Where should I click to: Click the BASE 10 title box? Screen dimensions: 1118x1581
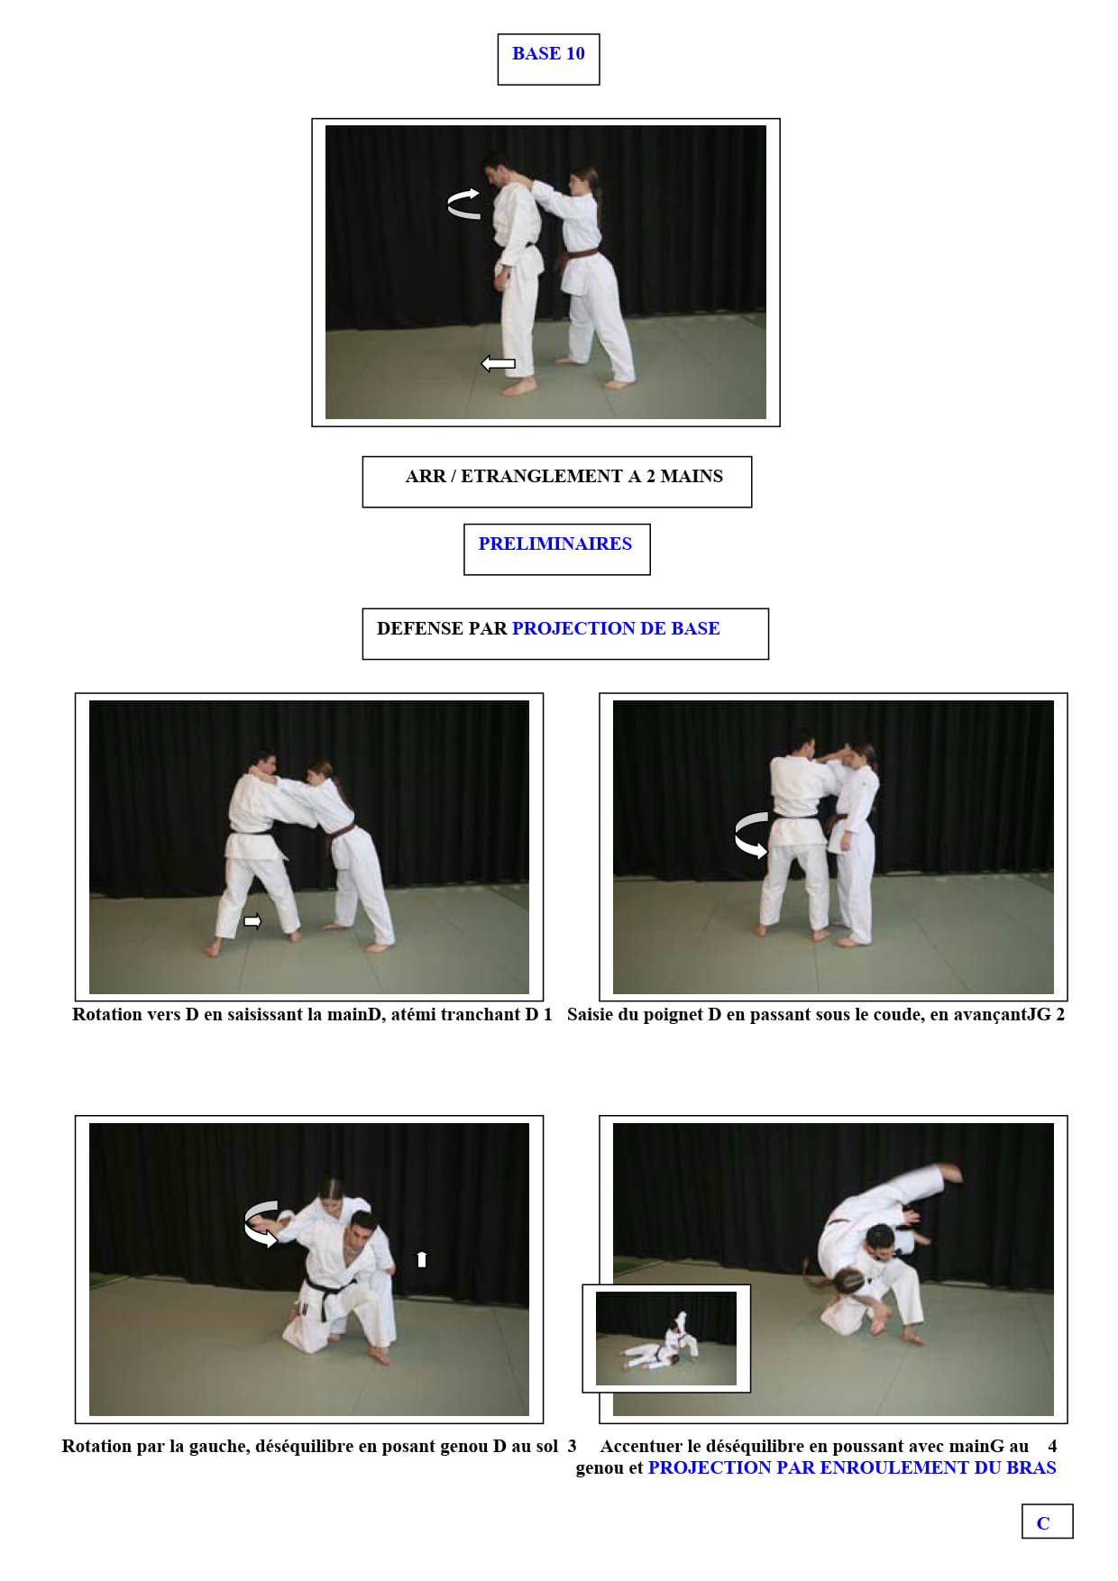pos(548,59)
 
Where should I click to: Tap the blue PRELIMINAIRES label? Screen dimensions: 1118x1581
pos(554,544)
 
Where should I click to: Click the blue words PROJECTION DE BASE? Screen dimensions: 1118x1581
pos(616,628)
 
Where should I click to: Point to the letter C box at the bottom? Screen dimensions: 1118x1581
pos(1047,1522)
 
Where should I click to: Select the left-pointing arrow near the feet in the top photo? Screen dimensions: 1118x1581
pos(498,363)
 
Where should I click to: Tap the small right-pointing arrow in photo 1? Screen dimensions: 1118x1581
pos(252,921)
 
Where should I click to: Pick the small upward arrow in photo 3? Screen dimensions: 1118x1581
pos(421,1258)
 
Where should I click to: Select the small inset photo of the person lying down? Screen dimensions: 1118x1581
pos(666,1339)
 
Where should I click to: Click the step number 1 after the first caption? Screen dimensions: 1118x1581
pos(547,1014)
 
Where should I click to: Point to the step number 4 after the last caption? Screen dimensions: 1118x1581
pos(1052,1446)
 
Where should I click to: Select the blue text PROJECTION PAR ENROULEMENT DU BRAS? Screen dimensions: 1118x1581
pos(852,1467)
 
